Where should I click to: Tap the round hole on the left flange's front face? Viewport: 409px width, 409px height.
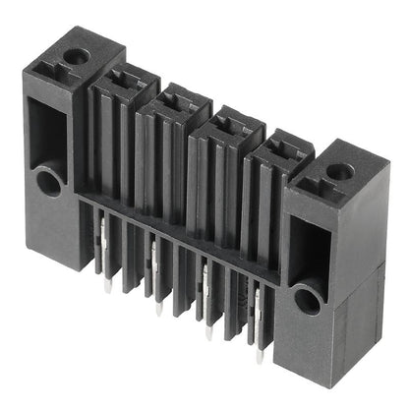click(x=46, y=180)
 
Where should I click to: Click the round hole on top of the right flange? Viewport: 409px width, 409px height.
click(x=339, y=171)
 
